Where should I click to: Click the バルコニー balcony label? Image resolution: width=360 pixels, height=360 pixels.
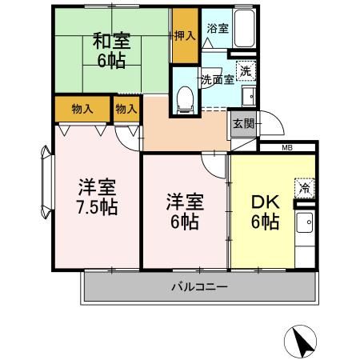pos(200,286)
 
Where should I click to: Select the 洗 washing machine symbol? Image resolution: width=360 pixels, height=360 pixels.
pos(246,70)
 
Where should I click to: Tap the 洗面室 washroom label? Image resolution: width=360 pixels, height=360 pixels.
pos(217,80)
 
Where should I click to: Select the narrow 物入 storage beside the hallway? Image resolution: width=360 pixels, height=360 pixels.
pos(125,107)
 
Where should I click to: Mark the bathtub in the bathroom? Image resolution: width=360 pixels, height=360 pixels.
pos(242,30)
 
